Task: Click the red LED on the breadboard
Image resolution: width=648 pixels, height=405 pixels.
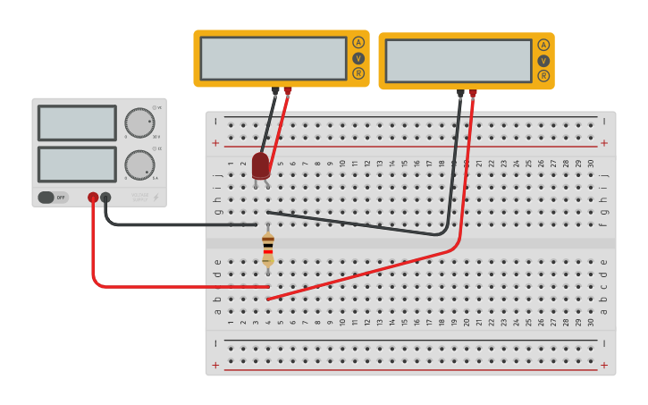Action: [x=260, y=165]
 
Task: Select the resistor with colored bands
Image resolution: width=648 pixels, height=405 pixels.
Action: [x=268, y=249]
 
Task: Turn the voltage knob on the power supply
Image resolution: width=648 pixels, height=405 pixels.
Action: [x=139, y=122]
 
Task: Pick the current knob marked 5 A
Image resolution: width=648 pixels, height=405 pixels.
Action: [x=139, y=165]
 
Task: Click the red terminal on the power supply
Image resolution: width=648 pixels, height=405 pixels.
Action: [x=93, y=197]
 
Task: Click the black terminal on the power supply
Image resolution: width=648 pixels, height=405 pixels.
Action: [x=105, y=197]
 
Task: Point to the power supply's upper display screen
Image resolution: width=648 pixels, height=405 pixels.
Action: [x=77, y=123]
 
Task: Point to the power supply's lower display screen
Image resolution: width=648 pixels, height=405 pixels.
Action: [x=77, y=165]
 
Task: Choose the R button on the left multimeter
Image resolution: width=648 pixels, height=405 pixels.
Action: [x=358, y=73]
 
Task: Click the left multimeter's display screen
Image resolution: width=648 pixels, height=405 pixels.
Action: [x=273, y=58]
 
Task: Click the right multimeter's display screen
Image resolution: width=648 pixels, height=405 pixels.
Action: [x=458, y=61]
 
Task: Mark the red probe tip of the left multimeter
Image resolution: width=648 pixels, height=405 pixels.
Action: [x=287, y=90]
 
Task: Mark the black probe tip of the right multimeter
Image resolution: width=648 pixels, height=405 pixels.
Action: [x=460, y=93]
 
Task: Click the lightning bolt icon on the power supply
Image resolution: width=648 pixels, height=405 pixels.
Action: [x=156, y=197]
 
